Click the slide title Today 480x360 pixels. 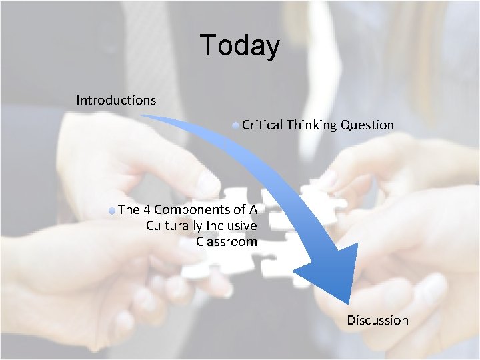[240, 46]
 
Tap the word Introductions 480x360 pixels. [116, 101]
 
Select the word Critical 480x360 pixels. [263, 125]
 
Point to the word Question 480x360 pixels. [367, 125]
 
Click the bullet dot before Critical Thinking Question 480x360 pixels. [236, 125]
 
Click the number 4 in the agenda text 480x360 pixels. [147, 209]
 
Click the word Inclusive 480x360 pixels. [232, 225]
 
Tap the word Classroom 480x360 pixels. [226, 241]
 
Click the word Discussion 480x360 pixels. [377, 320]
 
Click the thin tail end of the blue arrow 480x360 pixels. [143, 116]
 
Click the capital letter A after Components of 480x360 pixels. [253, 209]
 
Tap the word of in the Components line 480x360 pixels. [238, 209]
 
